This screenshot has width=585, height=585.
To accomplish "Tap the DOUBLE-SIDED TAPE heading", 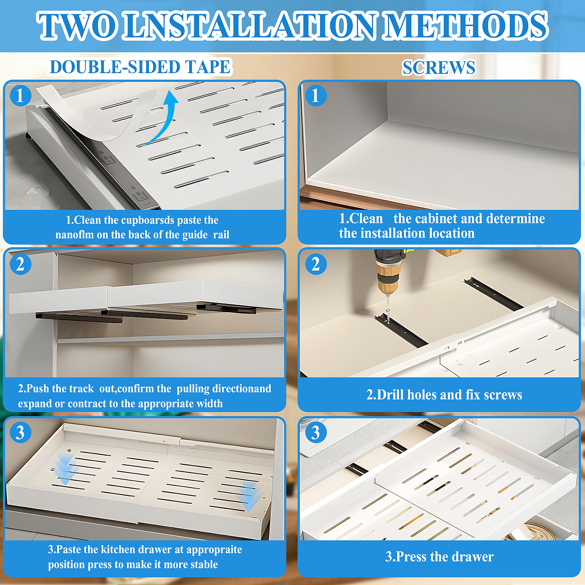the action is pos(140,67).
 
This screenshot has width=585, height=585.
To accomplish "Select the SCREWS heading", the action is pos(439,67).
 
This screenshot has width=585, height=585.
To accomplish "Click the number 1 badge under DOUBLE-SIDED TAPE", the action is pos(21,96).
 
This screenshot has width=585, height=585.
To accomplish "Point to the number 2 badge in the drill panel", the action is pos(316,264).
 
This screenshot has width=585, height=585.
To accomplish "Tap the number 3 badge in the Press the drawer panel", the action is pos(316,432).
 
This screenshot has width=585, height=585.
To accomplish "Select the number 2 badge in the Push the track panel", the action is pos(21,264).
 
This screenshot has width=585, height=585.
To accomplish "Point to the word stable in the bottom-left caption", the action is pos(204,564).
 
